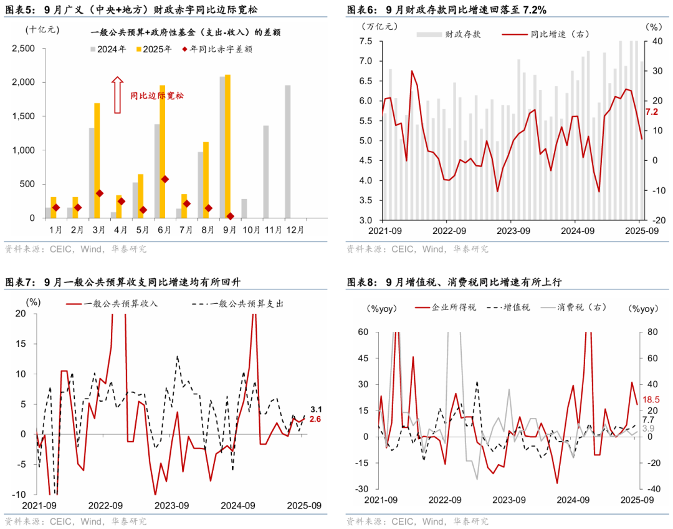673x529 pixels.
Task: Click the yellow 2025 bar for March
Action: pos(97,160)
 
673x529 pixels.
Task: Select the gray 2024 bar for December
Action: pos(288,152)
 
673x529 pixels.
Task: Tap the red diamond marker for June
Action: pos(165,179)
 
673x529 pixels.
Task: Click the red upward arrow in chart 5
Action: pos(117,95)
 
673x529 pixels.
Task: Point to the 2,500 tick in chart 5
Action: pos(29,48)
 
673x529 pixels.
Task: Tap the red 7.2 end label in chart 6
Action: pos(652,112)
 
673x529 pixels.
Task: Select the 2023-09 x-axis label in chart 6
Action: pos(510,231)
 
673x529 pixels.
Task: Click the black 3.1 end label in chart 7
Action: pos(315,409)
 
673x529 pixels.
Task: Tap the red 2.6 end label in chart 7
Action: pos(315,419)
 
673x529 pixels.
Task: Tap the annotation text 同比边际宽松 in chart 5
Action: pos(157,96)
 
